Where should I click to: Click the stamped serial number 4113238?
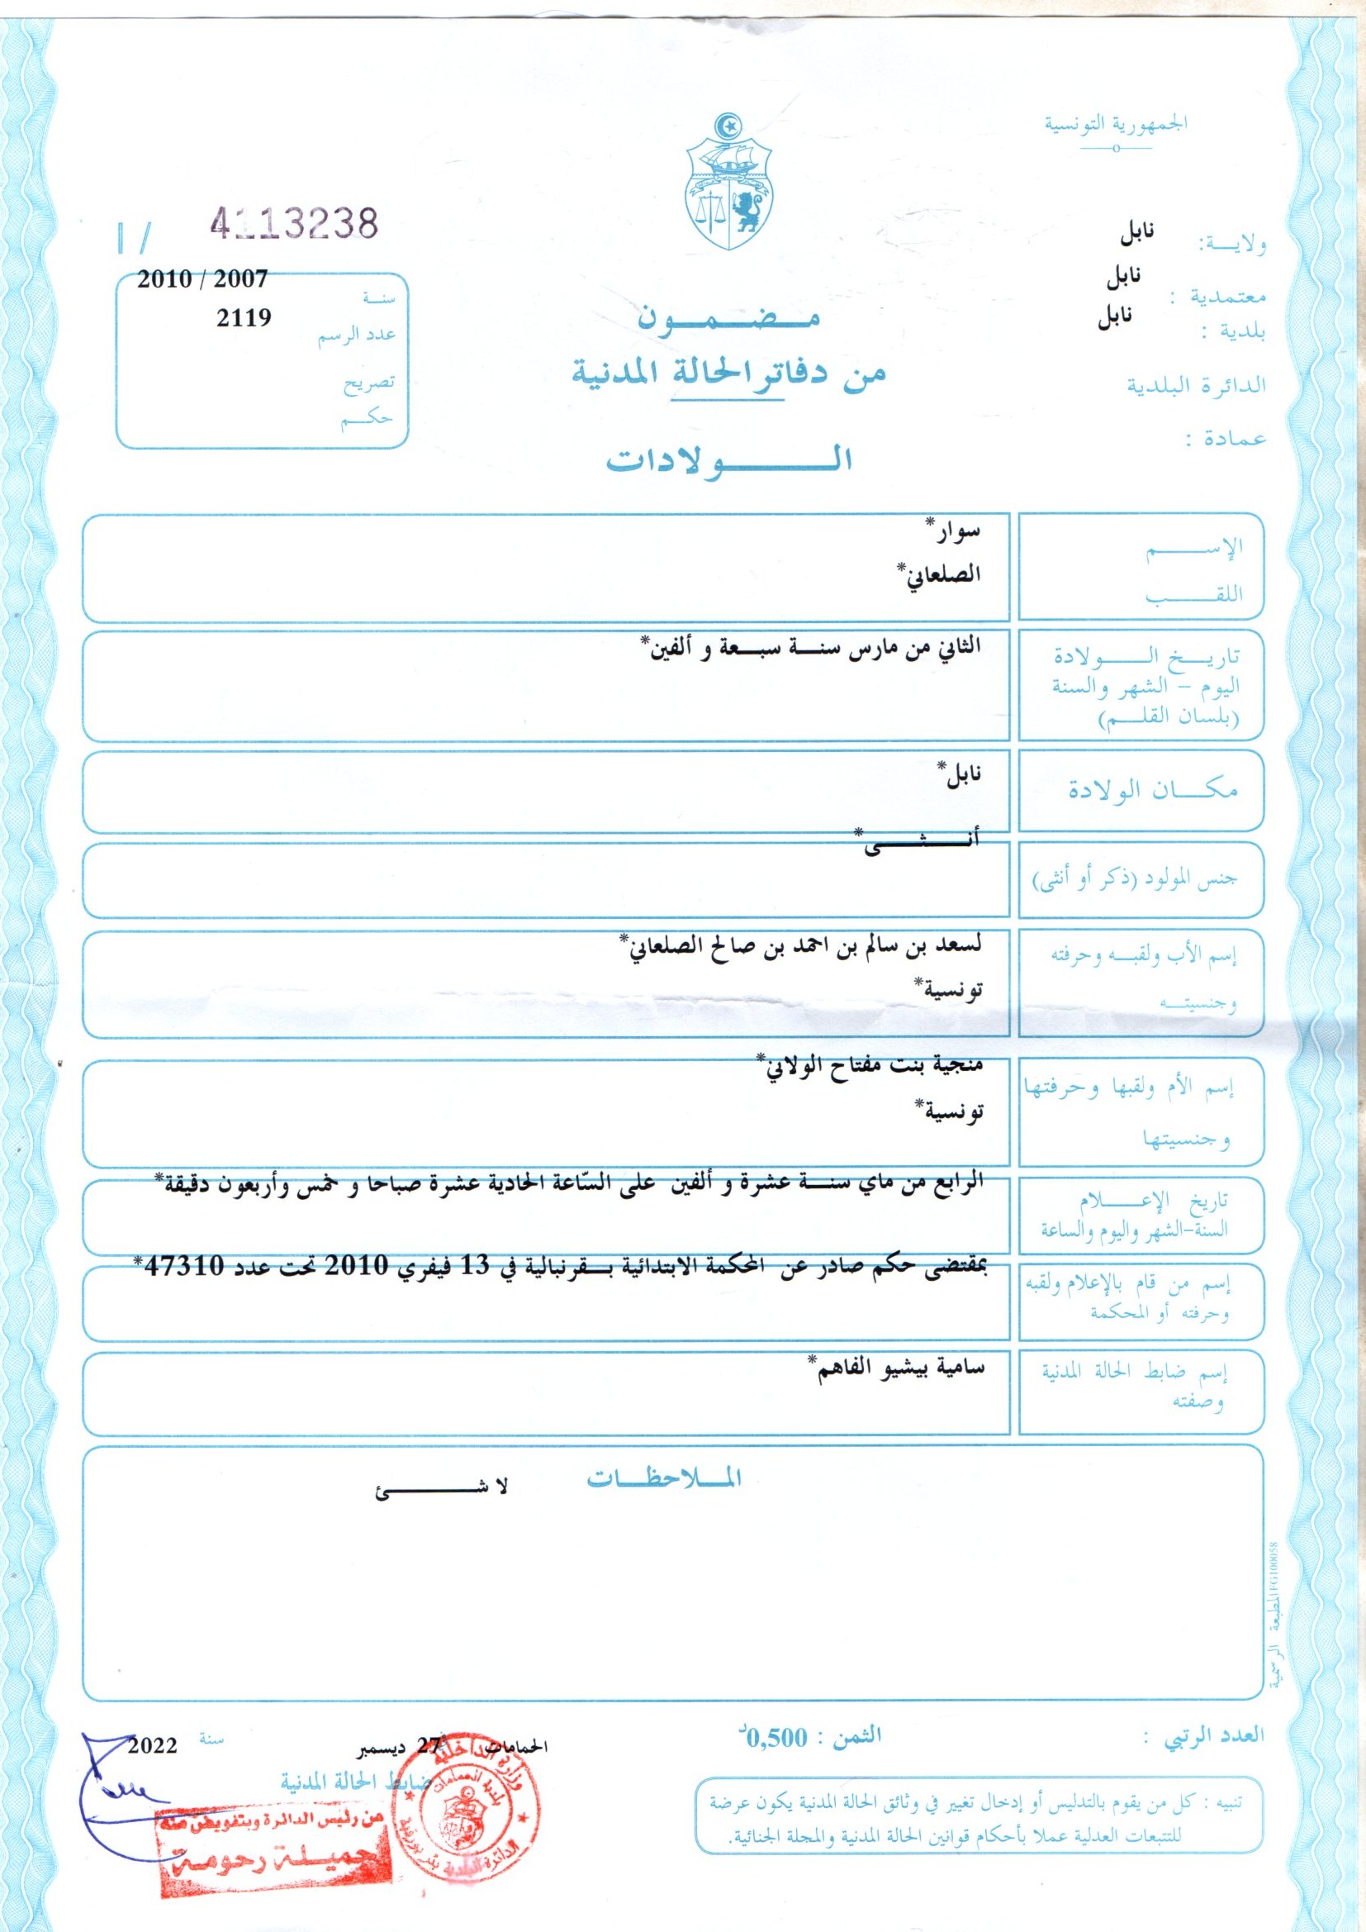click(293, 223)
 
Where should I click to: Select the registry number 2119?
click(244, 318)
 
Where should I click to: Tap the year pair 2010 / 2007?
click(202, 278)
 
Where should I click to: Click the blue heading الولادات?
click(729, 459)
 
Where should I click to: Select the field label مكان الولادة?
click(1152, 790)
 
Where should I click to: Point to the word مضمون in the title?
click(728, 317)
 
